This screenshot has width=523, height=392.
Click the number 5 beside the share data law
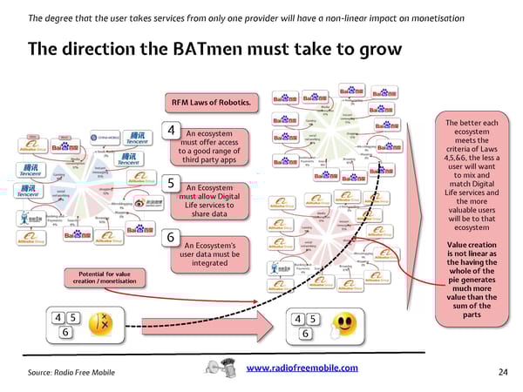(172, 184)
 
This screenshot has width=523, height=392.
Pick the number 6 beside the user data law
(172, 238)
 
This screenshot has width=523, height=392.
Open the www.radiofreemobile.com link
(302, 369)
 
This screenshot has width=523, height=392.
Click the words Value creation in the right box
(472, 247)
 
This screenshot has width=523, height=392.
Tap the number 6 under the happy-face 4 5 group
(304, 334)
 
